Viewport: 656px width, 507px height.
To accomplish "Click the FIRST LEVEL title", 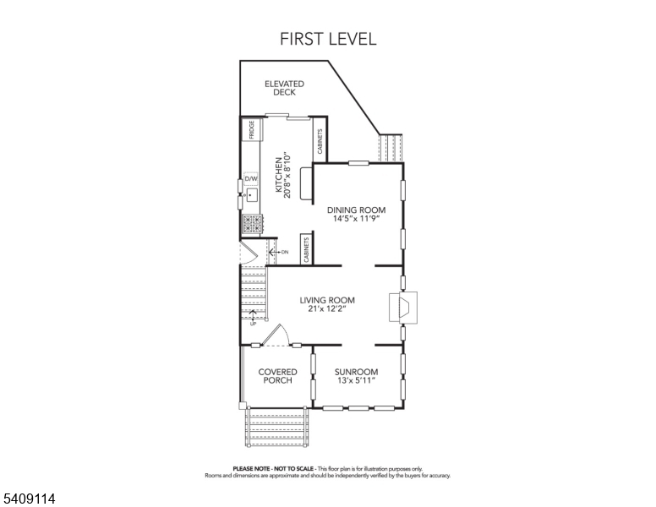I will (328, 39).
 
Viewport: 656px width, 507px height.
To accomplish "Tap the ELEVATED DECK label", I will (284, 88).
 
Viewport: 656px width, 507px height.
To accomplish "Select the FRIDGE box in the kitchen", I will (251, 129).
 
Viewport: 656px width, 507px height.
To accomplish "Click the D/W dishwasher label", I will (251, 179).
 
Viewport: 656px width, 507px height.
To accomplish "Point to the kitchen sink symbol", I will (251, 196).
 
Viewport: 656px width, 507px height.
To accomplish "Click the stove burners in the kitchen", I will (252, 223).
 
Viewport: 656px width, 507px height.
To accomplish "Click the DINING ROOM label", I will (356, 210).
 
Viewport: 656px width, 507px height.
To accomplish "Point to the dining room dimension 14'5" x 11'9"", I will (356, 219).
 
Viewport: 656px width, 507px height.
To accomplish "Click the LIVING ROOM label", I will (327, 300).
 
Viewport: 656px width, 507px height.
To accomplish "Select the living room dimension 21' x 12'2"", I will (327, 309).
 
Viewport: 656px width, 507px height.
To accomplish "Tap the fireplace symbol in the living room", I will (400, 307).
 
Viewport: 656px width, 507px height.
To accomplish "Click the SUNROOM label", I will (356, 372).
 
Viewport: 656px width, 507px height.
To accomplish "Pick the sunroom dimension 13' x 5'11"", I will (356, 381).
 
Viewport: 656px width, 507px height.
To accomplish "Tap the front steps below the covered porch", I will (276, 428).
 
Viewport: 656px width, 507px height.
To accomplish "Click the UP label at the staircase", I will (253, 324).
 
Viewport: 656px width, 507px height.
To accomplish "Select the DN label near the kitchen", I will (285, 252).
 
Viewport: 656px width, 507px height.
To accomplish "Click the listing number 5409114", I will (29, 499).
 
